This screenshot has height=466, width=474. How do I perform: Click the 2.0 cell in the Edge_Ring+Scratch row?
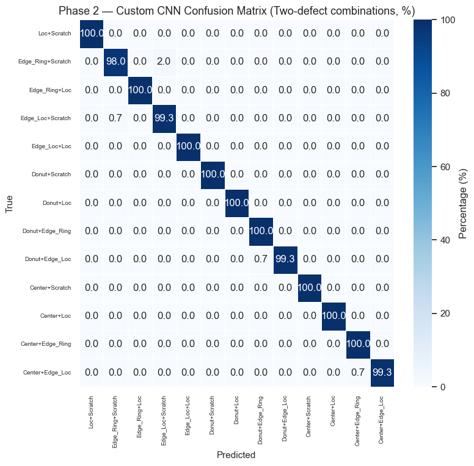164,61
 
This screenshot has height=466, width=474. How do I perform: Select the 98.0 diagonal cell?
116,61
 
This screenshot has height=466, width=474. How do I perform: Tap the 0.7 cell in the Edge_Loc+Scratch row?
116,118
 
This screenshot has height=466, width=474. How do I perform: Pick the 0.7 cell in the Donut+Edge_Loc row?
261,259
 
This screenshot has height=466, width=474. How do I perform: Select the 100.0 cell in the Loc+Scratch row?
92,33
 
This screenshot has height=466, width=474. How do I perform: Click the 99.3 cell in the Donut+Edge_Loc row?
285,259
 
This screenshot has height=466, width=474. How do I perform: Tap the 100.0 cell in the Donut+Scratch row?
213,174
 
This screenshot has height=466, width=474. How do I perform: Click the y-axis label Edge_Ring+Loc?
50,90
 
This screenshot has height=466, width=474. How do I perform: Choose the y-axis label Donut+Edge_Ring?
46,231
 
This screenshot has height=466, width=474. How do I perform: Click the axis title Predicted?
236,455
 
